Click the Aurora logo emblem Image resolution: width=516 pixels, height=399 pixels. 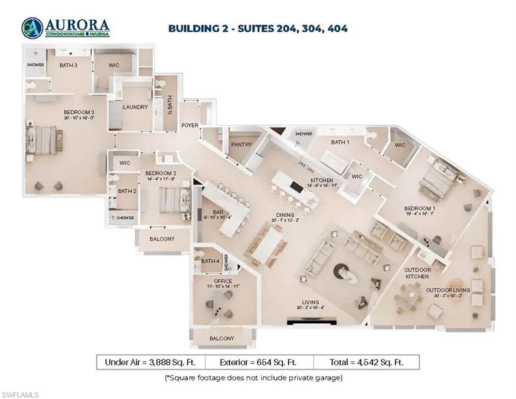tap(32, 28)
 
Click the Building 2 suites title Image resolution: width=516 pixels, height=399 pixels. tap(258, 28)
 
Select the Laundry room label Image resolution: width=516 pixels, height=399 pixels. tap(135, 107)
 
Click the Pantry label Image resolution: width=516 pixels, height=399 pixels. tap(242, 144)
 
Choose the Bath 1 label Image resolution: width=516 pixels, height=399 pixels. tap(340, 142)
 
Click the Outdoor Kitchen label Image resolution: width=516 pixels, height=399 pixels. tap(417, 273)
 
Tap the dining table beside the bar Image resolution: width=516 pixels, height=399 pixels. tap(267, 246)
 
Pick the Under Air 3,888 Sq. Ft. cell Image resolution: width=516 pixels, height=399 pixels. tap(150, 362)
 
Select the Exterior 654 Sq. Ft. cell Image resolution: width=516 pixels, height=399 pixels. tap(259, 362)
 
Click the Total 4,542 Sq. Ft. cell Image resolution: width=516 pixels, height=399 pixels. tap(366, 362)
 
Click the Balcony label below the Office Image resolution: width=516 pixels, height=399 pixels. tap(222, 338)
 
